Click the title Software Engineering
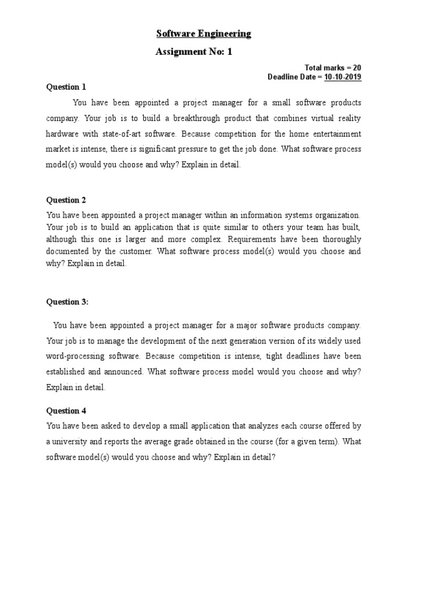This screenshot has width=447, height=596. (x=203, y=34)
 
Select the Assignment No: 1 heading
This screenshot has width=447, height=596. (x=194, y=52)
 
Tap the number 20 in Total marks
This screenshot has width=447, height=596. (x=356, y=68)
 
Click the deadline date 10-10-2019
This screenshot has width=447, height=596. (x=342, y=77)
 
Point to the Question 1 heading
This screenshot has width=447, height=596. (x=66, y=87)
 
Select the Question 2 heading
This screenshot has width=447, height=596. (x=66, y=200)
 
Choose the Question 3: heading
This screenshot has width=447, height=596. (x=67, y=301)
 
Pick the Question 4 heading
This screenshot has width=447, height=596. (x=66, y=411)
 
